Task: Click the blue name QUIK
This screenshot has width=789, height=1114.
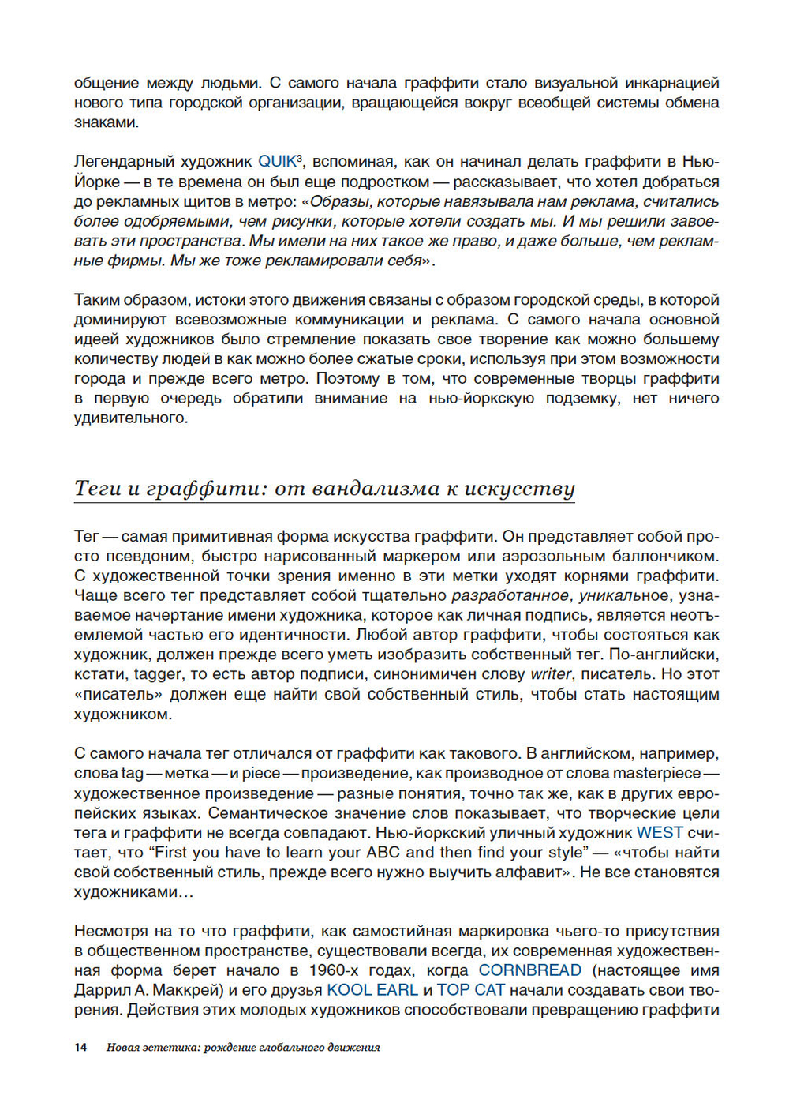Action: coord(276,162)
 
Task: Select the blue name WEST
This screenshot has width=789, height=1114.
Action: coord(660,833)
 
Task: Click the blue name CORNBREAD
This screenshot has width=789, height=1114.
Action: coord(529,971)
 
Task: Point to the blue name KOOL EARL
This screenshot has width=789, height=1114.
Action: coord(372,991)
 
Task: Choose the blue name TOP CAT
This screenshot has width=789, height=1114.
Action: coord(470,991)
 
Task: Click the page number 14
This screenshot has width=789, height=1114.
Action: coord(80,1048)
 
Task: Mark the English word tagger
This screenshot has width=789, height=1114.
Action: coord(158,675)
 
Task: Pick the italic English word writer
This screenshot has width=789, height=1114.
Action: coord(551,675)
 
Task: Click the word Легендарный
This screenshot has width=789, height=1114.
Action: coord(125,162)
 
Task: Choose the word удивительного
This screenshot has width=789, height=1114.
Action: coord(131,418)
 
